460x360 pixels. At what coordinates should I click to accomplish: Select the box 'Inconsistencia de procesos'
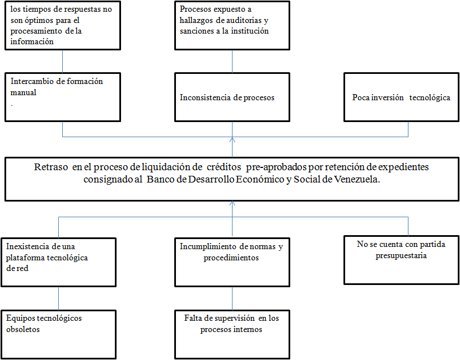232,97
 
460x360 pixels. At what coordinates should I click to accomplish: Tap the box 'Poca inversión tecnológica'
401,97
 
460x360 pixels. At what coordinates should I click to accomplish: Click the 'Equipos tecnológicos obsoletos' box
58,334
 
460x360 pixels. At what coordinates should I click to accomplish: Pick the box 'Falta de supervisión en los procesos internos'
232,334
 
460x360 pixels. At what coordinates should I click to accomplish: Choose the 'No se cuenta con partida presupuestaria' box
401,260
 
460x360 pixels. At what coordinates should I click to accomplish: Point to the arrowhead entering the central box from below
233,203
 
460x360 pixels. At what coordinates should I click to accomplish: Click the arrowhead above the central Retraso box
233,140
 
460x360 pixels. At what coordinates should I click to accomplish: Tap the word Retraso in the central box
51,167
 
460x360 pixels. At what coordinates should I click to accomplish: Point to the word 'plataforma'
25,258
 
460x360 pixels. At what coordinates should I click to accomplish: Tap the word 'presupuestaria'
401,256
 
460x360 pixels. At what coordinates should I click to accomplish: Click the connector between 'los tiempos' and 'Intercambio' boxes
63,61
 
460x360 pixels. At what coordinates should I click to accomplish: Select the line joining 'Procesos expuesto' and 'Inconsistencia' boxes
233,61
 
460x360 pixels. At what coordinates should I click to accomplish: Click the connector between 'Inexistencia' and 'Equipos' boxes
58,298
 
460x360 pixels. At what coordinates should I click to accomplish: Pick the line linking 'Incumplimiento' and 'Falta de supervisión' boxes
233,298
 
